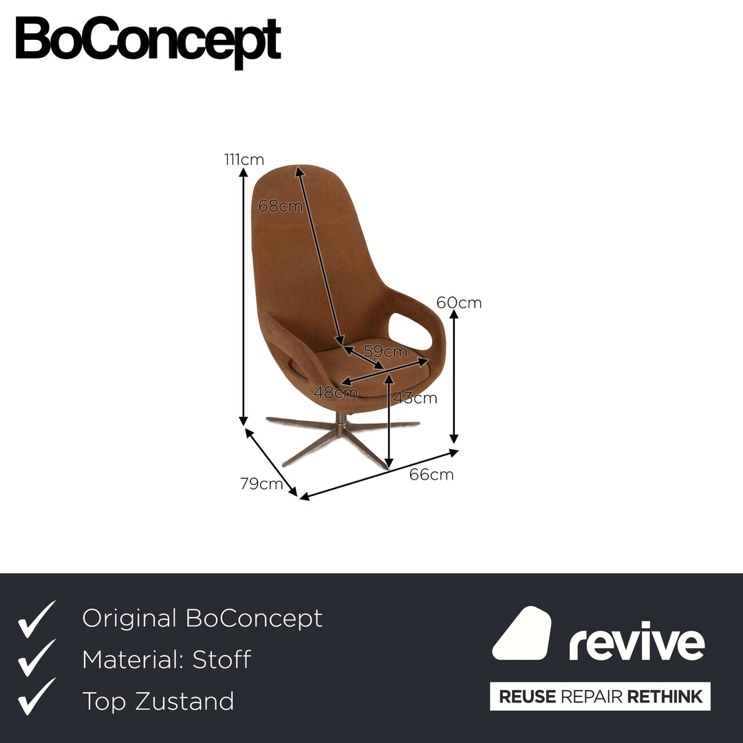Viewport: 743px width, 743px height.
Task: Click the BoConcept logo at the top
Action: [x=149, y=42]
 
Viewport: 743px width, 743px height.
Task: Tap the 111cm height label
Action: [x=244, y=160]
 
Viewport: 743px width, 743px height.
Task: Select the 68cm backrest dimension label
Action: [x=280, y=206]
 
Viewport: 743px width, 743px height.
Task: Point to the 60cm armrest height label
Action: [x=459, y=302]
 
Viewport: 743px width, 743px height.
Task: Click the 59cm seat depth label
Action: [x=385, y=351]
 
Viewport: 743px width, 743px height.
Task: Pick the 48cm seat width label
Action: [x=336, y=392]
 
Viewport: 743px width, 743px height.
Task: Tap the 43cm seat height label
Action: [x=415, y=398]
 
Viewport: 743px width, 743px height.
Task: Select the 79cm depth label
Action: [x=261, y=484]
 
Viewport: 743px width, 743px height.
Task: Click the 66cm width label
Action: [x=431, y=474]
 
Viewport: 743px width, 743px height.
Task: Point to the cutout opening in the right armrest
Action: [x=410, y=331]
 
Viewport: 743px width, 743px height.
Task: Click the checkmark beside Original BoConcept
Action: [x=36, y=619]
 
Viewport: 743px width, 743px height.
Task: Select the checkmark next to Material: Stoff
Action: [x=36, y=658]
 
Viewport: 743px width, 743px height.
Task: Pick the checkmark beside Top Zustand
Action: [x=36, y=696]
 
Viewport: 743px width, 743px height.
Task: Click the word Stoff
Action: [x=222, y=660]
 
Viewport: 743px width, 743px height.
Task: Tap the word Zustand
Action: [x=184, y=701]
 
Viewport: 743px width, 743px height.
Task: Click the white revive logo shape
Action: [x=521, y=633]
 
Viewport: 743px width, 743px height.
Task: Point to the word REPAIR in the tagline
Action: [x=591, y=696]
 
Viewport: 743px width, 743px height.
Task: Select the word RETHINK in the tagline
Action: [x=665, y=696]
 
